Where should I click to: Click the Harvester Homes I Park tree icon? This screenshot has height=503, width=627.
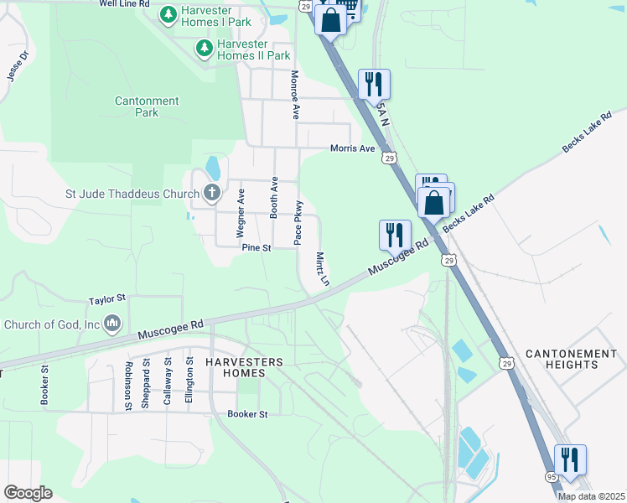point(168,14)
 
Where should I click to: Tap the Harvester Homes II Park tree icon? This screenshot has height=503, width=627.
point(205,49)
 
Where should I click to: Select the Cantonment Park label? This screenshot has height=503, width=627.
point(147,106)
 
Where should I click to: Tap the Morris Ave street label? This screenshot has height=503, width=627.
point(352,148)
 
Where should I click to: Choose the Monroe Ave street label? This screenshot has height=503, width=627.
point(295,95)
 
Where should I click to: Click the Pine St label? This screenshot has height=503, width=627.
point(256,248)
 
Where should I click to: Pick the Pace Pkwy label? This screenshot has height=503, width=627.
point(298,222)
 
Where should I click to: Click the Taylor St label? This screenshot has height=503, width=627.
point(107,298)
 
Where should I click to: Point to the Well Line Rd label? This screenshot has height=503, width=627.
point(124,4)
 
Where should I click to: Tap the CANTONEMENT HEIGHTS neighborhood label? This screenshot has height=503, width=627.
point(573,360)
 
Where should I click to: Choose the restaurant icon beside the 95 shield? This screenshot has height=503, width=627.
point(570,460)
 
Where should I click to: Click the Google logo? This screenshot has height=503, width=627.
point(28,493)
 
